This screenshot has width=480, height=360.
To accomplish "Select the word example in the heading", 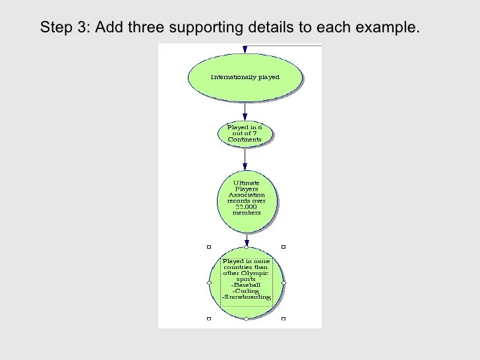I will point(388,28).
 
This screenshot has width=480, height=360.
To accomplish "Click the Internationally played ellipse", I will point(245,77).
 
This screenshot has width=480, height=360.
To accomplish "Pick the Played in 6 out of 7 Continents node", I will point(245,133).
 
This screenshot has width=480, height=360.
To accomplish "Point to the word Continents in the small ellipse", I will point(245,140).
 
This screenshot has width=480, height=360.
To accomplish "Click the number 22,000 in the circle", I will point(247,206).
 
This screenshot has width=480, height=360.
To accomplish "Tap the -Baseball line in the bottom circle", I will point(246,285).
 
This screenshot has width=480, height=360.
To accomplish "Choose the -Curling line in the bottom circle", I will point(246,291).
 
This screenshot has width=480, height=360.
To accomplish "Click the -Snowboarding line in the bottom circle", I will point(246,297).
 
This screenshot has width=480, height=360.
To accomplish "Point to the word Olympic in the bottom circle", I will point(255,273).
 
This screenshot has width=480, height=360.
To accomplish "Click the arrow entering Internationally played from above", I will point(245,49).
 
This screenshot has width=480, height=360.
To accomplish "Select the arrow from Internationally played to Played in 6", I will point(245,111).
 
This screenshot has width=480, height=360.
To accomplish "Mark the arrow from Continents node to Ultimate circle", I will point(245,158).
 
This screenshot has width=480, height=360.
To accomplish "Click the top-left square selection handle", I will point(209,247).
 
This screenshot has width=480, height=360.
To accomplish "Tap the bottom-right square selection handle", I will point(284,318).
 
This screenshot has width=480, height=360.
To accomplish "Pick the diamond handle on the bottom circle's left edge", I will point(209,282).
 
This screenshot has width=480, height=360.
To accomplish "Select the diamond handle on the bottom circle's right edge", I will point(284,282).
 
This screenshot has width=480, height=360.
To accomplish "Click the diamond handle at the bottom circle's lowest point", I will point(246,318).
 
